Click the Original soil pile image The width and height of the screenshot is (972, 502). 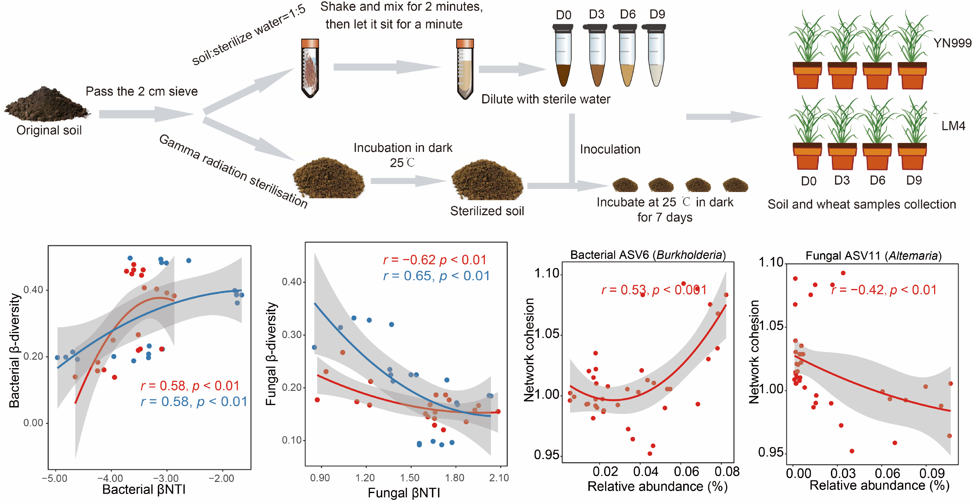tap(47, 105)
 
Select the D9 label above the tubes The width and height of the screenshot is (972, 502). tap(657, 14)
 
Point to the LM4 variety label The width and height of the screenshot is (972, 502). tap(953, 126)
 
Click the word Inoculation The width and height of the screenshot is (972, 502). tap(610, 149)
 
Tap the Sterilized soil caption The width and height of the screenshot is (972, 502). tap(487, 211)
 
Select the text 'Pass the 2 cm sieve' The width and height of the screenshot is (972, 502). tap(142, 91)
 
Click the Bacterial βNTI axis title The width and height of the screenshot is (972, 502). tap(144, 490)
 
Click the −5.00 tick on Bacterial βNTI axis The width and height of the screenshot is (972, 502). tap(55, 479)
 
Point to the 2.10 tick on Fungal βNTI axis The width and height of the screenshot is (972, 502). tap(499, 478)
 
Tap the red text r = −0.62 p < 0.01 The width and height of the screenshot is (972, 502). tap(435, 260)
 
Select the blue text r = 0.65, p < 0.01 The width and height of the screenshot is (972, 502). tap(436, 276)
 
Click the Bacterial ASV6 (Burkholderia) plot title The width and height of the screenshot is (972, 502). tap(647, 255)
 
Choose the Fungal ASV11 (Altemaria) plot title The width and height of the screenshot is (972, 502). tap(873, 256)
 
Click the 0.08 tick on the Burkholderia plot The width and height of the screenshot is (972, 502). tap(727, 471)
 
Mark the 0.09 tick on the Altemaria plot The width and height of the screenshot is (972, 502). tap(932, 473)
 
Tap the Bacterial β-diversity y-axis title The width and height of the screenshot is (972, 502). tap(14, 351)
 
